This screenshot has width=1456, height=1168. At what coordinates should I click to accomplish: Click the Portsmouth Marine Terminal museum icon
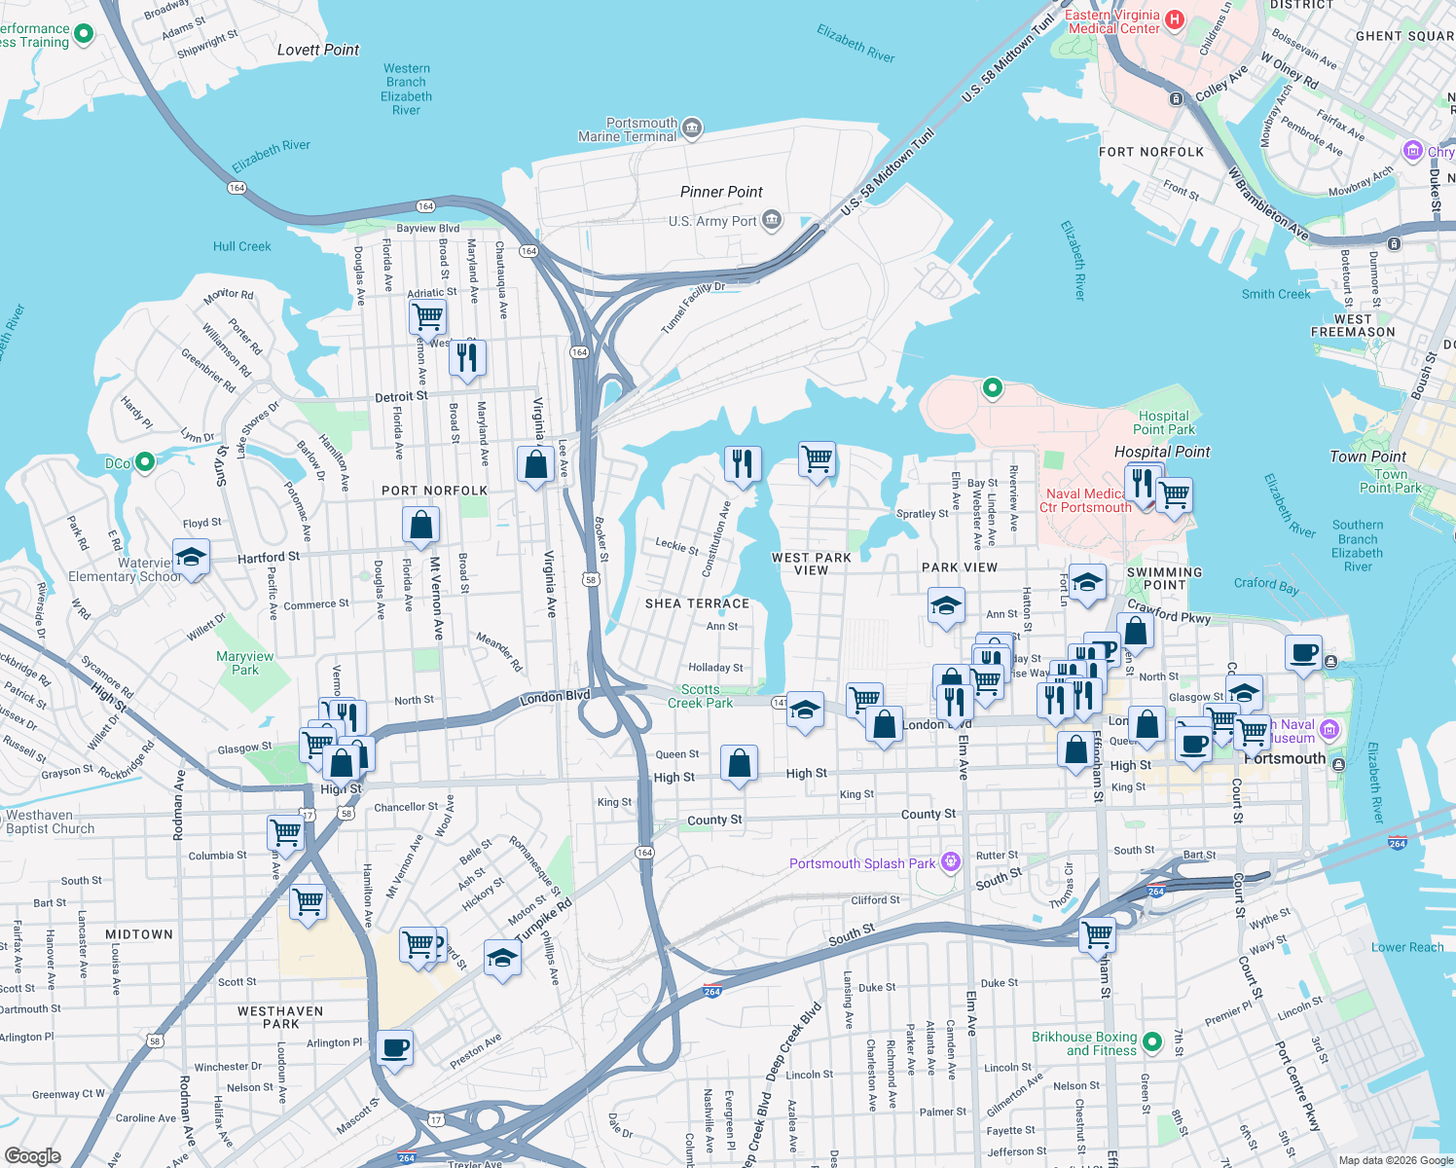click(692, 128)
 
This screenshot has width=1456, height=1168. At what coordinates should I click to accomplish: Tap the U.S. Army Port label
click(712, 221)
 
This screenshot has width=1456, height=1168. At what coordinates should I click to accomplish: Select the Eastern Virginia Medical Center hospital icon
click(1175, 20)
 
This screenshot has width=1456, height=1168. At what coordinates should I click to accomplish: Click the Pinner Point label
click(721, 192)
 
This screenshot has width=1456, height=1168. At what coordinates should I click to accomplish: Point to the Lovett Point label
click(318, 50)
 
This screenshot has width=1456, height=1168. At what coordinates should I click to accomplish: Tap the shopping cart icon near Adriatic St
click(428, 315)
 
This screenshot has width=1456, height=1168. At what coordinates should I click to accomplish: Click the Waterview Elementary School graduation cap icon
click(191, 559)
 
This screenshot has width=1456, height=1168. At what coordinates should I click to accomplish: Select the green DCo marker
click(145, 462)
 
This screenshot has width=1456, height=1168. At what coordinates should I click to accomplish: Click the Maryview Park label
click(245, 663)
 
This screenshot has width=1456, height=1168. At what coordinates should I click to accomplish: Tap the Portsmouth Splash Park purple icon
click(951, 862)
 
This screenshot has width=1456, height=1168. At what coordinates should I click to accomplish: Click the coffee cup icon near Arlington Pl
click(394, 1048)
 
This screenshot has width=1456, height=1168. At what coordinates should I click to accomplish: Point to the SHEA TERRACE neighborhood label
click(698, 603)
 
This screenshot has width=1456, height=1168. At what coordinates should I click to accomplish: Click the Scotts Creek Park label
click(701, 696)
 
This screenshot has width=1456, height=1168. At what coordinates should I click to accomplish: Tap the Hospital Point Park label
click(1164, 422)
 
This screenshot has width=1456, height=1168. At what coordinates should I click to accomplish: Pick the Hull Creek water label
click(242, 246)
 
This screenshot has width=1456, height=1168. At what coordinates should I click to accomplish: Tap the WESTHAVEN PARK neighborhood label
click(280, 1017)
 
